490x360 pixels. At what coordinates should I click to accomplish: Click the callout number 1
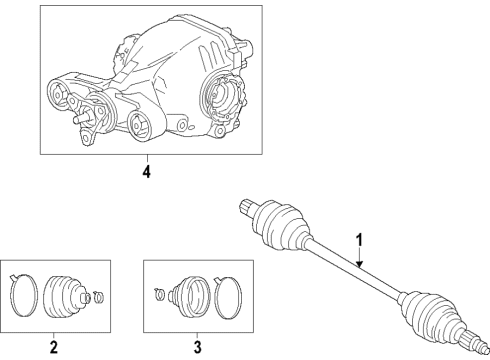pos(360,240)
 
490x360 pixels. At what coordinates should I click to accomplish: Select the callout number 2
pos(52,347)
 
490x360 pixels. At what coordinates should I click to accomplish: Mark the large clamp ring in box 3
pos(229,296)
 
